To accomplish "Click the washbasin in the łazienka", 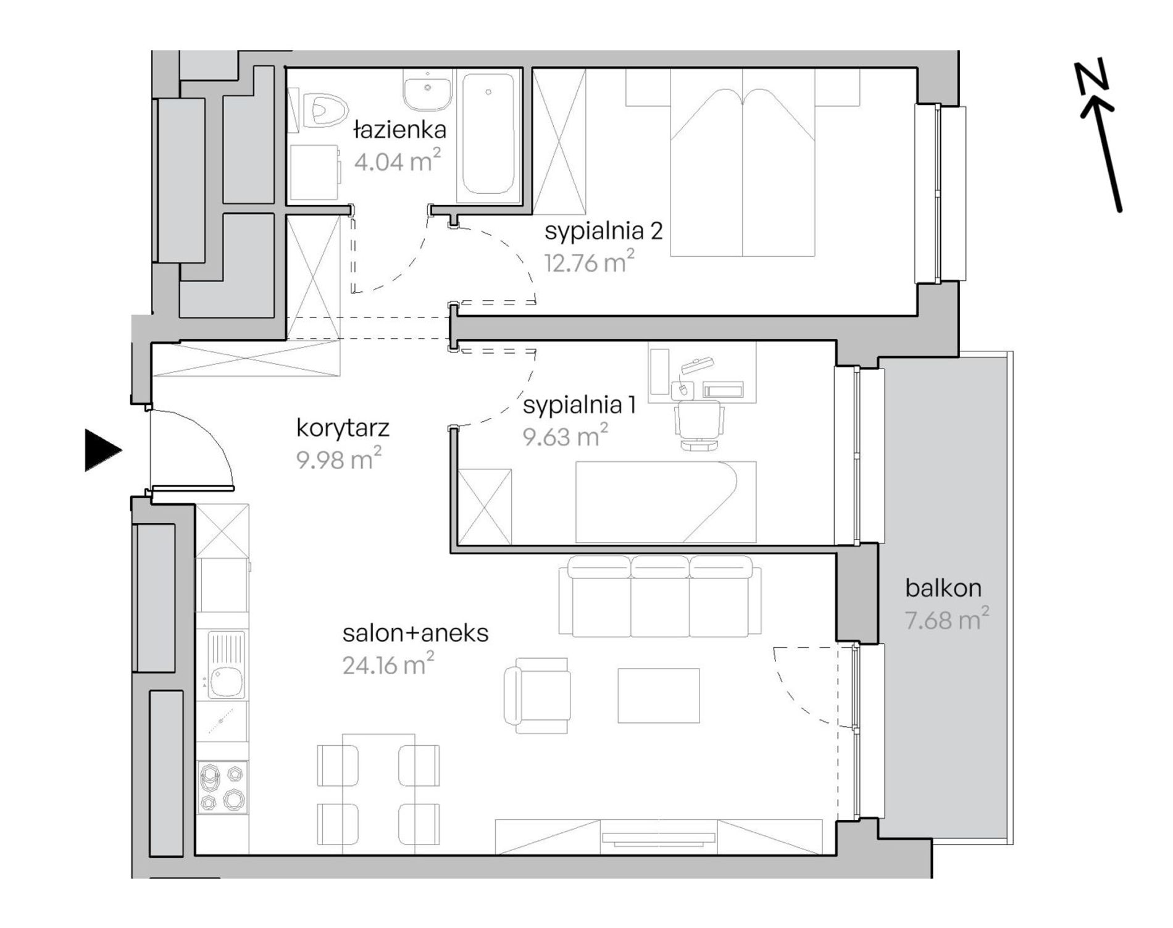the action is point(427,90).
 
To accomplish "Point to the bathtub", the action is point(488,135).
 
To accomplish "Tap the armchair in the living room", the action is point(536,695).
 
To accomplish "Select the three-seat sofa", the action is point(660,596).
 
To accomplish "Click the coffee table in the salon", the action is point(659,695).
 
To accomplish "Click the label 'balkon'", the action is point(943,588).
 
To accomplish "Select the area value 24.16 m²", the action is point(388,665).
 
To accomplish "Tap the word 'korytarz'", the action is point(343,428).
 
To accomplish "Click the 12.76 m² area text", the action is point(590,262).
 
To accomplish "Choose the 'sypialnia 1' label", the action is point(579,406).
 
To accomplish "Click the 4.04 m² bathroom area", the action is point(398,162).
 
